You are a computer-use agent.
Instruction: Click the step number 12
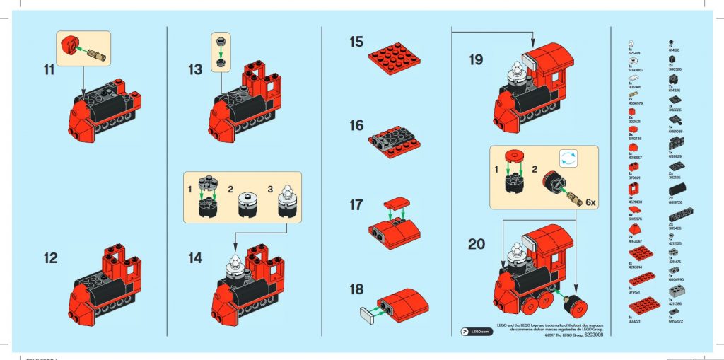pyautogui.click(x=50, y=258)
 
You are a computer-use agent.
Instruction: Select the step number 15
pyautogui.click(x=356, y=42)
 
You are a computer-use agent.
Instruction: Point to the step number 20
pyautogui.click(x=477, y=245)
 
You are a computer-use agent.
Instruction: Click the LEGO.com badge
pyautogui.click(x=475, y=331)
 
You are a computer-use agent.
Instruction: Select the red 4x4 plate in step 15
pyautogui.click(x=399, y=52)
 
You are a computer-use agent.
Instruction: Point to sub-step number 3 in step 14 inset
pyautogui.click(x=269, y=190)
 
